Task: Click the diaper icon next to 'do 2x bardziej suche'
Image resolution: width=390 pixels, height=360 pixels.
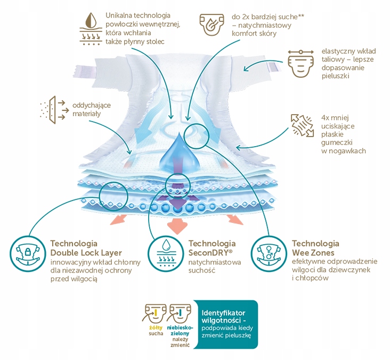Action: click(211, 25)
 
